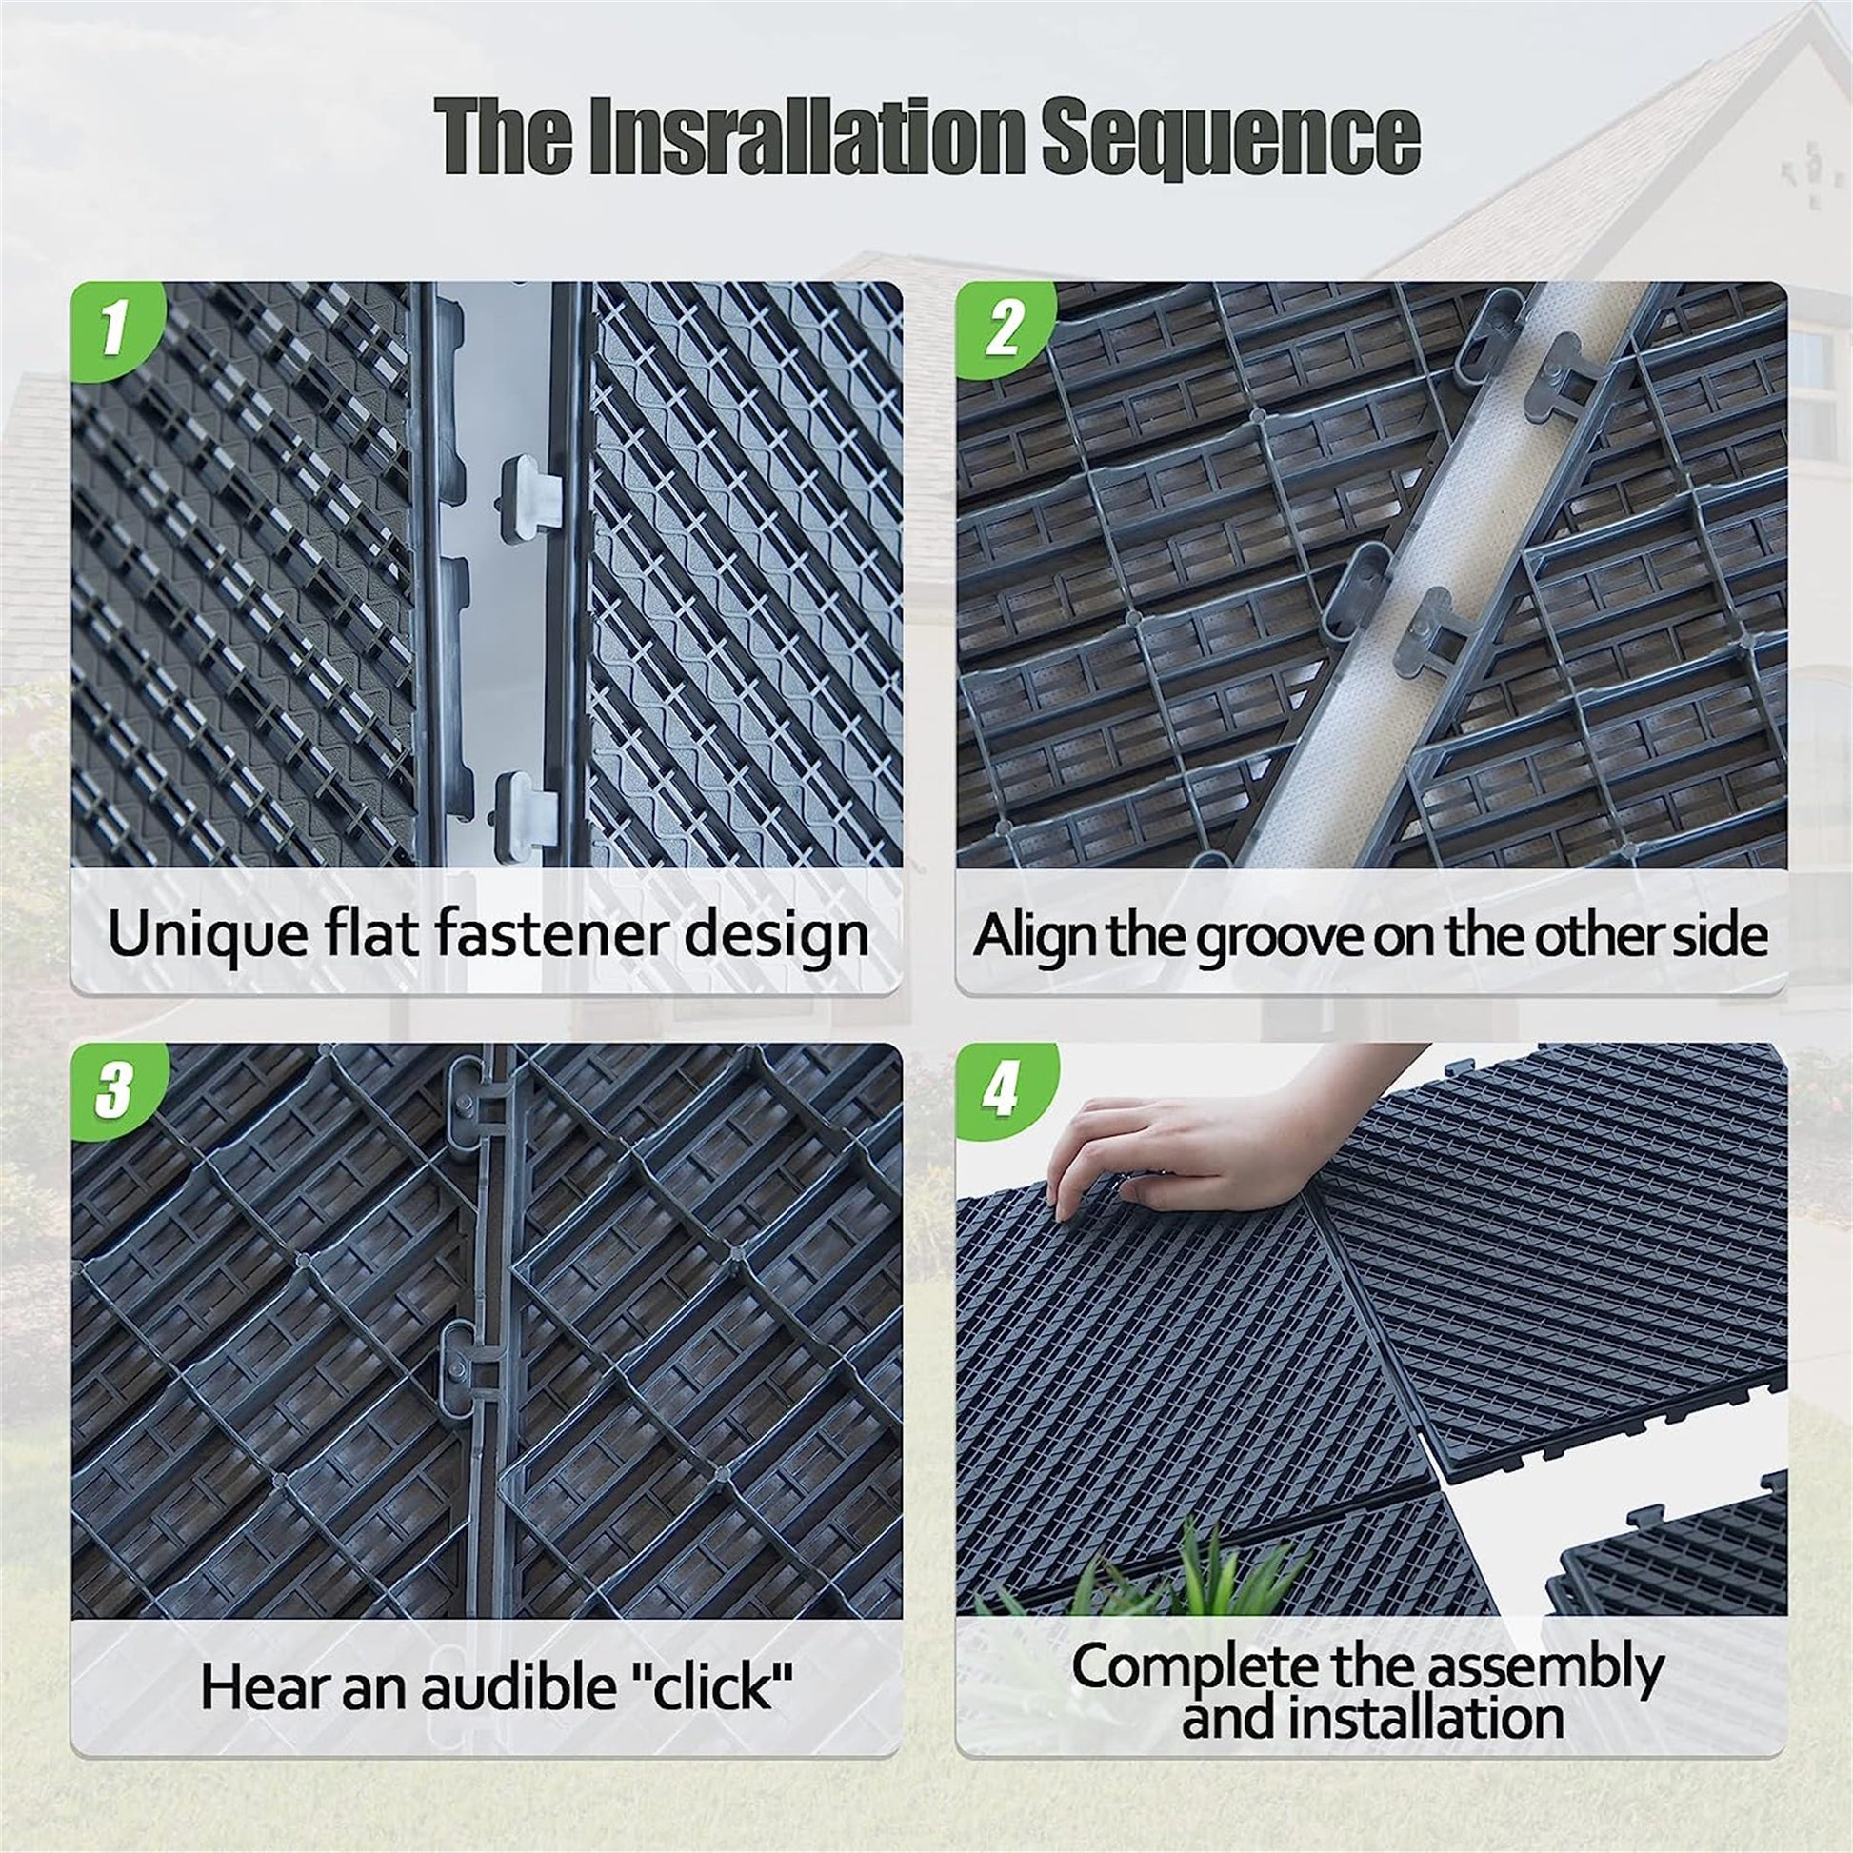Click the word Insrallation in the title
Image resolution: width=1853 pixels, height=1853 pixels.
[806, 136]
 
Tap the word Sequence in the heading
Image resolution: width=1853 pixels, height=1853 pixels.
[1229, 136]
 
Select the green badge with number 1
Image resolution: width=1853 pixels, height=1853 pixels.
[115, 327]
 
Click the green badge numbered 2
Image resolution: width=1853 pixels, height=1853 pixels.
[1004, 327]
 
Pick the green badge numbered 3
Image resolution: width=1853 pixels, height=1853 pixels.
[115, 1089]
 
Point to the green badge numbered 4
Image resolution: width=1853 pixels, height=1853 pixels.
[1004, 1089]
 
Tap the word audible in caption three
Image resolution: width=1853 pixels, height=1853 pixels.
[519, 1687]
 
